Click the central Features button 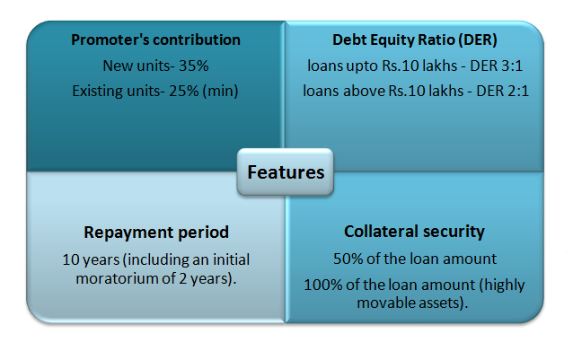point(286,171)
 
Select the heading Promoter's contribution point(157,40)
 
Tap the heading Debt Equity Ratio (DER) point(414,40)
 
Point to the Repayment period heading point(157,232)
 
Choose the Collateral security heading point(414,232)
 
